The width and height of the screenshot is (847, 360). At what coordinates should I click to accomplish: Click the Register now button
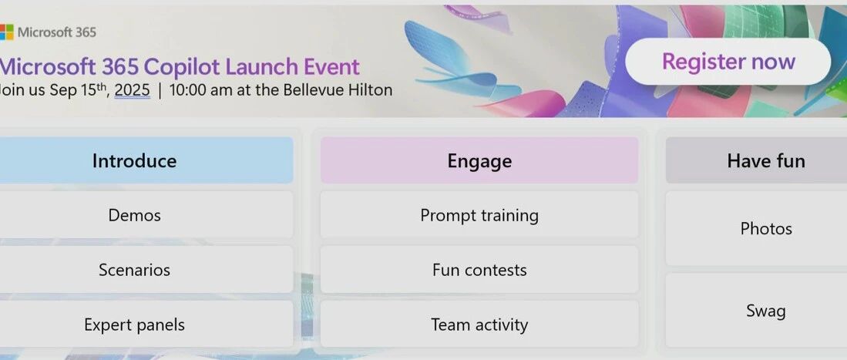tap(728, 62)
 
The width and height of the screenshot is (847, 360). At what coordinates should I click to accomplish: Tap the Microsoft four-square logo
tap(6, 32)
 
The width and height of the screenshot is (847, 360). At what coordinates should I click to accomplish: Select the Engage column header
tap(479, 160)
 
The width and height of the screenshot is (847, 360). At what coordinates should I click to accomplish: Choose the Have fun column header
tap(756, 160)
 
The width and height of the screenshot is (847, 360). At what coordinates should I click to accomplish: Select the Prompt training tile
tap(479, 214)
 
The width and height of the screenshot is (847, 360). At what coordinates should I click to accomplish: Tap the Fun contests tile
tap(479, 270)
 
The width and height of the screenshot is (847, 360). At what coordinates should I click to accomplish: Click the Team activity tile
tap(479, 325)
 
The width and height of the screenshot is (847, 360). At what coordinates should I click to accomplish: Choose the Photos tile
tap(756, 229)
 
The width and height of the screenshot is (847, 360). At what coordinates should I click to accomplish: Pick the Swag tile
tap(756, 311)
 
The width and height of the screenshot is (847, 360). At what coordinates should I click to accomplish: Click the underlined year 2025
tap(133, 89)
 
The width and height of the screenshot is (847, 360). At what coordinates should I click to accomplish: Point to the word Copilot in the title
tap(182, 67)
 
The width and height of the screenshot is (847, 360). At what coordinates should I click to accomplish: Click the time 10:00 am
tap(201, 89)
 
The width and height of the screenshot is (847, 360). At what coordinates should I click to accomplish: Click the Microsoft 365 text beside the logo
tap(57, 32)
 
